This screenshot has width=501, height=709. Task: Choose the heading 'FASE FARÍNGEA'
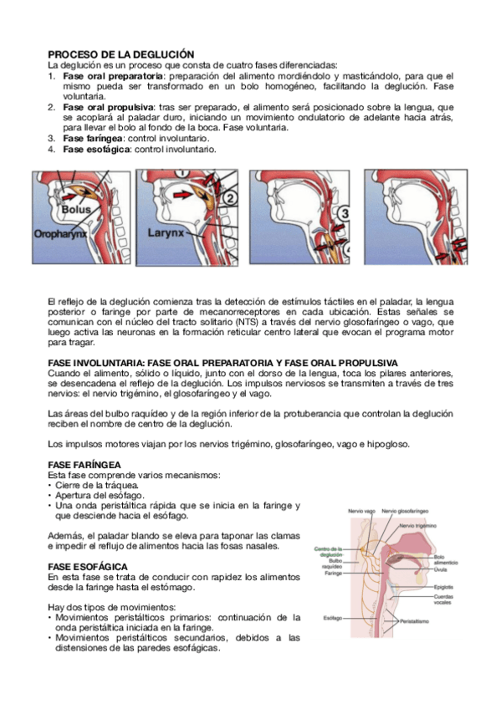pyautogui.click(x=84, y=464)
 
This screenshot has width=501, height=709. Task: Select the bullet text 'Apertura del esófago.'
pyautogui.click(x=100, y=495)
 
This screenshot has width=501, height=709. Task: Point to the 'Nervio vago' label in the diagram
pyautogui.click(x=360, y=510)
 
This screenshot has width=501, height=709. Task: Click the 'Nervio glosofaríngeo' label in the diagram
pyautogui.click(x=406, y=510)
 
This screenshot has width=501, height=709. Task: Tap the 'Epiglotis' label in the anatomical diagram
pyautogui.click(x=443, y=587)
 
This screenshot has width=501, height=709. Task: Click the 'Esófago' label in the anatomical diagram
pyautogui.click(x=334, y=618)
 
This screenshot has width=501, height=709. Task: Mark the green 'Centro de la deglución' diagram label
pyautogui.click(x=327, y=551)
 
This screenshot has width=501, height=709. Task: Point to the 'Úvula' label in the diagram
pyautogui.click(x=441, y=569)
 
